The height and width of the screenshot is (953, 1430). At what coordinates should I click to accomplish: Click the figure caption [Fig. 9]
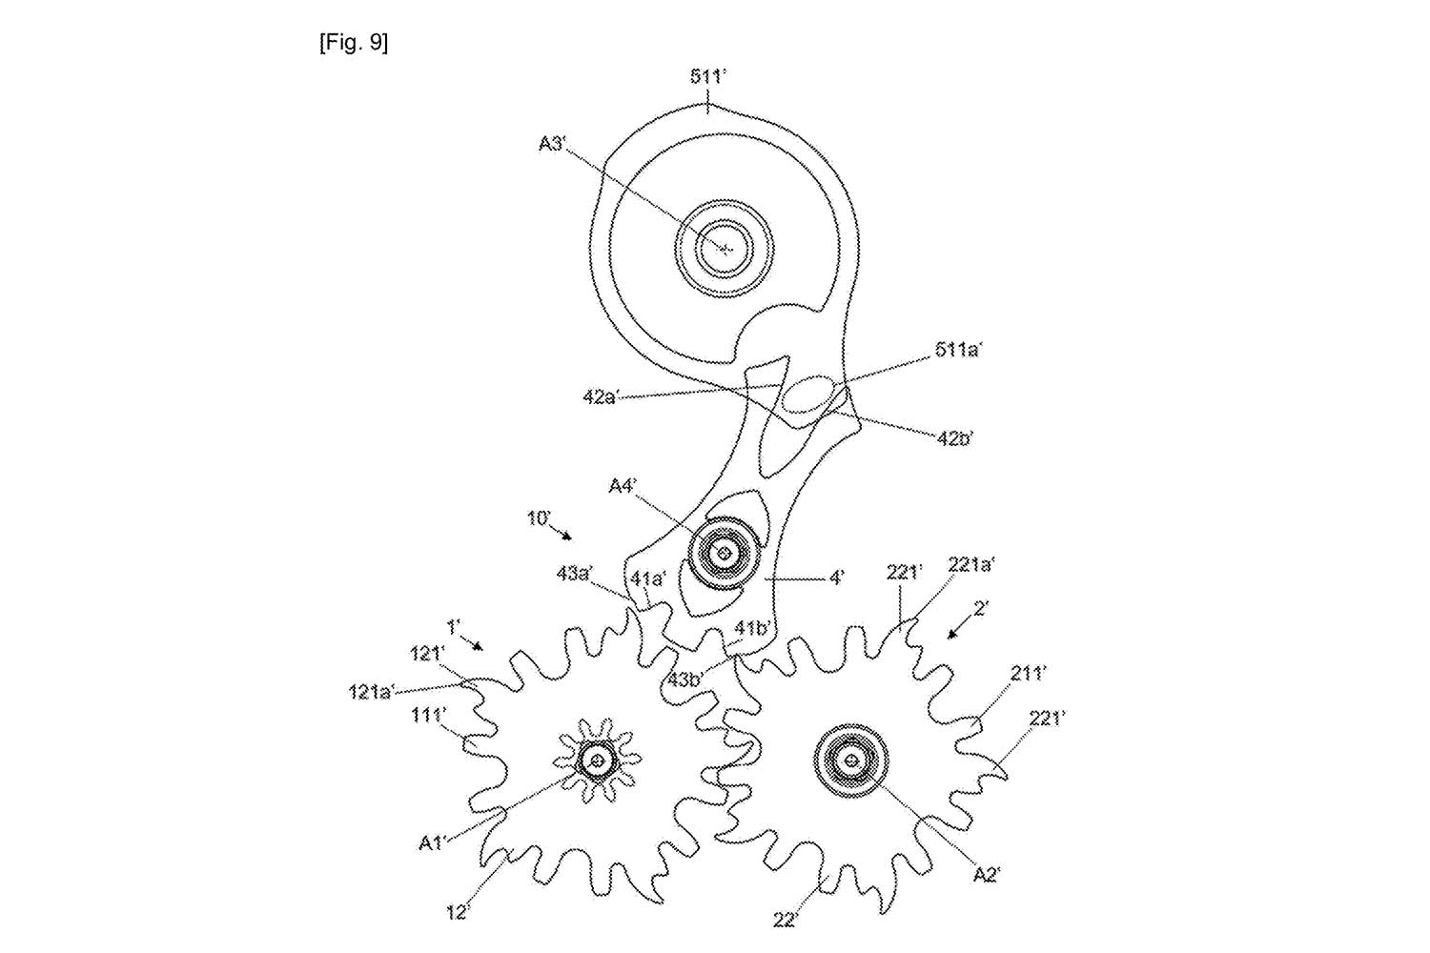(354, 45)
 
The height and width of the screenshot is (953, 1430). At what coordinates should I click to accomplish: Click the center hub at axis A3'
(725, 249)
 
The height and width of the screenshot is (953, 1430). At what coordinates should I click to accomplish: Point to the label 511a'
(957, 351)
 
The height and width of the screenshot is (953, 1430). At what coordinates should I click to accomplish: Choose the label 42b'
(953, 439)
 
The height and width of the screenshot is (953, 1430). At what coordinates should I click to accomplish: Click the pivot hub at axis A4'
(725, 553)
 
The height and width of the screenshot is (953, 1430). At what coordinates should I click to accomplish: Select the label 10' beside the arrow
(540, 518)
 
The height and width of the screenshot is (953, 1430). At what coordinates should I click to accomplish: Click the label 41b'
(751, 630)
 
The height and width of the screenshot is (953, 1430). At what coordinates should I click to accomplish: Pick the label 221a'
(970, 564)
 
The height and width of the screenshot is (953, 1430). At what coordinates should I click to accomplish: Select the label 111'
(427, 714)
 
